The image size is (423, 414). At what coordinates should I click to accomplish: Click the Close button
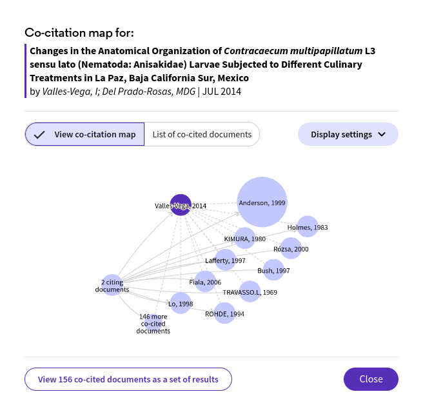(x=371, y=379)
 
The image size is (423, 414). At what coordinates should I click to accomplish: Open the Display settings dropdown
(x=348, y=134)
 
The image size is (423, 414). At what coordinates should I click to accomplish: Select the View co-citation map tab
(x=84, y=134)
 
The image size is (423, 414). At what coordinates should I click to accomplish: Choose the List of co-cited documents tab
(x=202, y=134)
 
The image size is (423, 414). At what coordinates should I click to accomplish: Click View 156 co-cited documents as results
(x=128, y=379)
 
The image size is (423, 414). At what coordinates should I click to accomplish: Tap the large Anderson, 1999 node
(x=262, y=202)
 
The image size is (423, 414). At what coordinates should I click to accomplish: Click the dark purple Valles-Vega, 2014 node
(x=181, y=205)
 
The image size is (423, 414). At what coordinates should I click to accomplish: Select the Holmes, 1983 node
(x=308, y=227)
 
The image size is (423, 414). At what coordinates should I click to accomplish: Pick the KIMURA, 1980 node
(x=244, y=239)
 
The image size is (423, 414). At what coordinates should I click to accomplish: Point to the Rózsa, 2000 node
(x=291, y=248)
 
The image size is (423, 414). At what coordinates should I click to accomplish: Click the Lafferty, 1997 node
(x=225, y=260)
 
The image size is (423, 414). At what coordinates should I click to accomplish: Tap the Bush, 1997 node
(x=273, y=270)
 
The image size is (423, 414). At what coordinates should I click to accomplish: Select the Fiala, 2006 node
(x=205, y=282)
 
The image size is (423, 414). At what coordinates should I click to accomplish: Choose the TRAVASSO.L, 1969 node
(x=250, y=292)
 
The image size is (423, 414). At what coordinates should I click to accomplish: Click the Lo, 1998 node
(x=181, y=303)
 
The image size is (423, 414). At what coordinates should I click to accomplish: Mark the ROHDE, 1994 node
(x=224, y=313)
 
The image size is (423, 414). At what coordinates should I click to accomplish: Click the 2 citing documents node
(x=112, y=285)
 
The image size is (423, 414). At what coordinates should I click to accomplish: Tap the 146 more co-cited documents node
(x=153, y=323)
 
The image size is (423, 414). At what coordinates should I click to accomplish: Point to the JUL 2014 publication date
(x=222, y=92)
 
